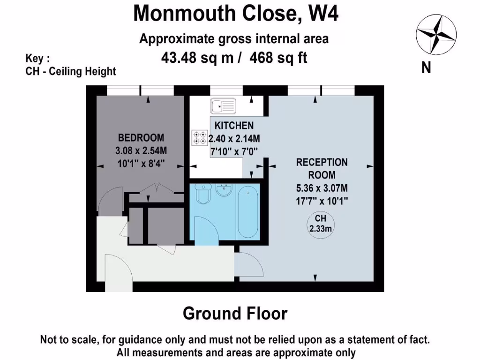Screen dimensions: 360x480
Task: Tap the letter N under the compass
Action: click(x=426, y=68)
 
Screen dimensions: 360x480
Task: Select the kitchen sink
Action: click(x=224, y=106)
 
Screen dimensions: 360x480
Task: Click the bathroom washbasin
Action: click(x=225, y=191)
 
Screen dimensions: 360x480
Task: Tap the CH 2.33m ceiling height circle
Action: click(x=320, y=224)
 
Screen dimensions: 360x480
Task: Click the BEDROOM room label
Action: click(x=141, y=138)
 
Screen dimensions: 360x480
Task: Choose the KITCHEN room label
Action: click(x=234, y=126)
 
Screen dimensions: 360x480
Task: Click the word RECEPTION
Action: click(x=322, y=163)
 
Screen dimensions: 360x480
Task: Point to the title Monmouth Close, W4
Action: click(x=235, y=13)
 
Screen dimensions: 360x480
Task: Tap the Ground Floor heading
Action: click(x=235, y=313)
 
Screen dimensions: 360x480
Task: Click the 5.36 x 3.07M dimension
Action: click(x=322, y=189)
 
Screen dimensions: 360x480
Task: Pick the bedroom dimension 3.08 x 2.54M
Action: click(x=141, y=151)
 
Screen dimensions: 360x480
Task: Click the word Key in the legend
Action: click(x=36, y=59)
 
